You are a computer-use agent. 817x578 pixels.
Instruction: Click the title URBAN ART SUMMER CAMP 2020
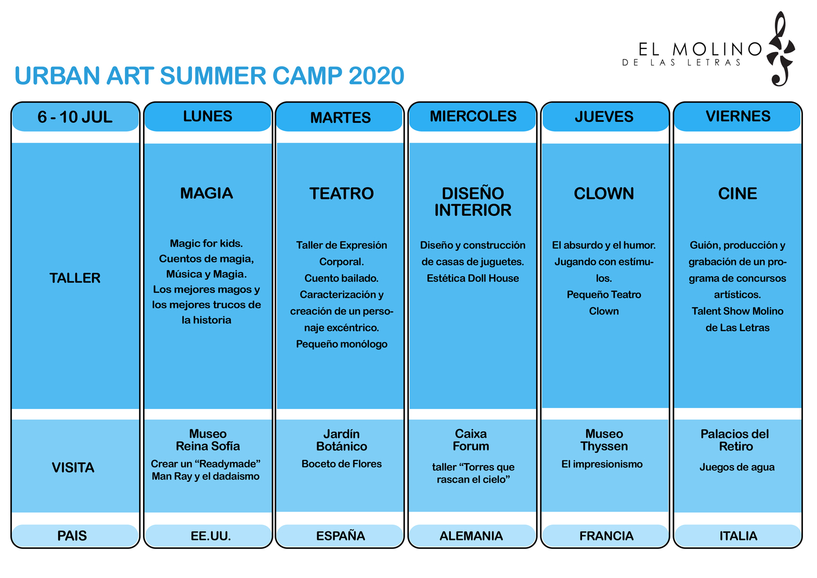tap(210, 75)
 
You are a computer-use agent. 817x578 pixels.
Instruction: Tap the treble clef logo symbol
tap(781, 49)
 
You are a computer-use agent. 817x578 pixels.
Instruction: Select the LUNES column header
tap(208, 116)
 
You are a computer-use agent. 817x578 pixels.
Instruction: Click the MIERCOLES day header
tap(473, 116)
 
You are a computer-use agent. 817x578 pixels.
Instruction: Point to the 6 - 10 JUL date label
tap(75, 117)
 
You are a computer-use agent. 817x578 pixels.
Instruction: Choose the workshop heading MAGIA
tap(206, 193)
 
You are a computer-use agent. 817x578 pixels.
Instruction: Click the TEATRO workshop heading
tap(341, 194)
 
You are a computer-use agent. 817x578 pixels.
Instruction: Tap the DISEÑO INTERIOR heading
tap(473, 201)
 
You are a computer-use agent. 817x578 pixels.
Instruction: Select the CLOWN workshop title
tap(604, 194)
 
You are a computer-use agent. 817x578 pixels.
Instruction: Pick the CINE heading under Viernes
tap(737, 194)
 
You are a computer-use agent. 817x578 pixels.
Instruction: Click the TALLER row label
tap(75, 278)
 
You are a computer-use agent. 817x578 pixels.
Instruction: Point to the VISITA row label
tap(73, 467)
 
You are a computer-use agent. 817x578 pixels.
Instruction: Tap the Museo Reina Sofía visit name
tap(208, 440)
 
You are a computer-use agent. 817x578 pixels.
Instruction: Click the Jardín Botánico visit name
tap(341, 440)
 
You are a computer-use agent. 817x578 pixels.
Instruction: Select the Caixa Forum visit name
tap(471, 440)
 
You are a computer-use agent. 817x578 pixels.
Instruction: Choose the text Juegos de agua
tap(737, 467)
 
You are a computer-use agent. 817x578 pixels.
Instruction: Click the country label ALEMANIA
tap(471, 536)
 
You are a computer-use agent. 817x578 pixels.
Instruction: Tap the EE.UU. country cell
tap(211, 536)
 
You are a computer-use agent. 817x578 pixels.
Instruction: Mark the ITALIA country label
tap(738, 536)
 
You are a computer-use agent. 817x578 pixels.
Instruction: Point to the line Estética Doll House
tap(473, 278)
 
